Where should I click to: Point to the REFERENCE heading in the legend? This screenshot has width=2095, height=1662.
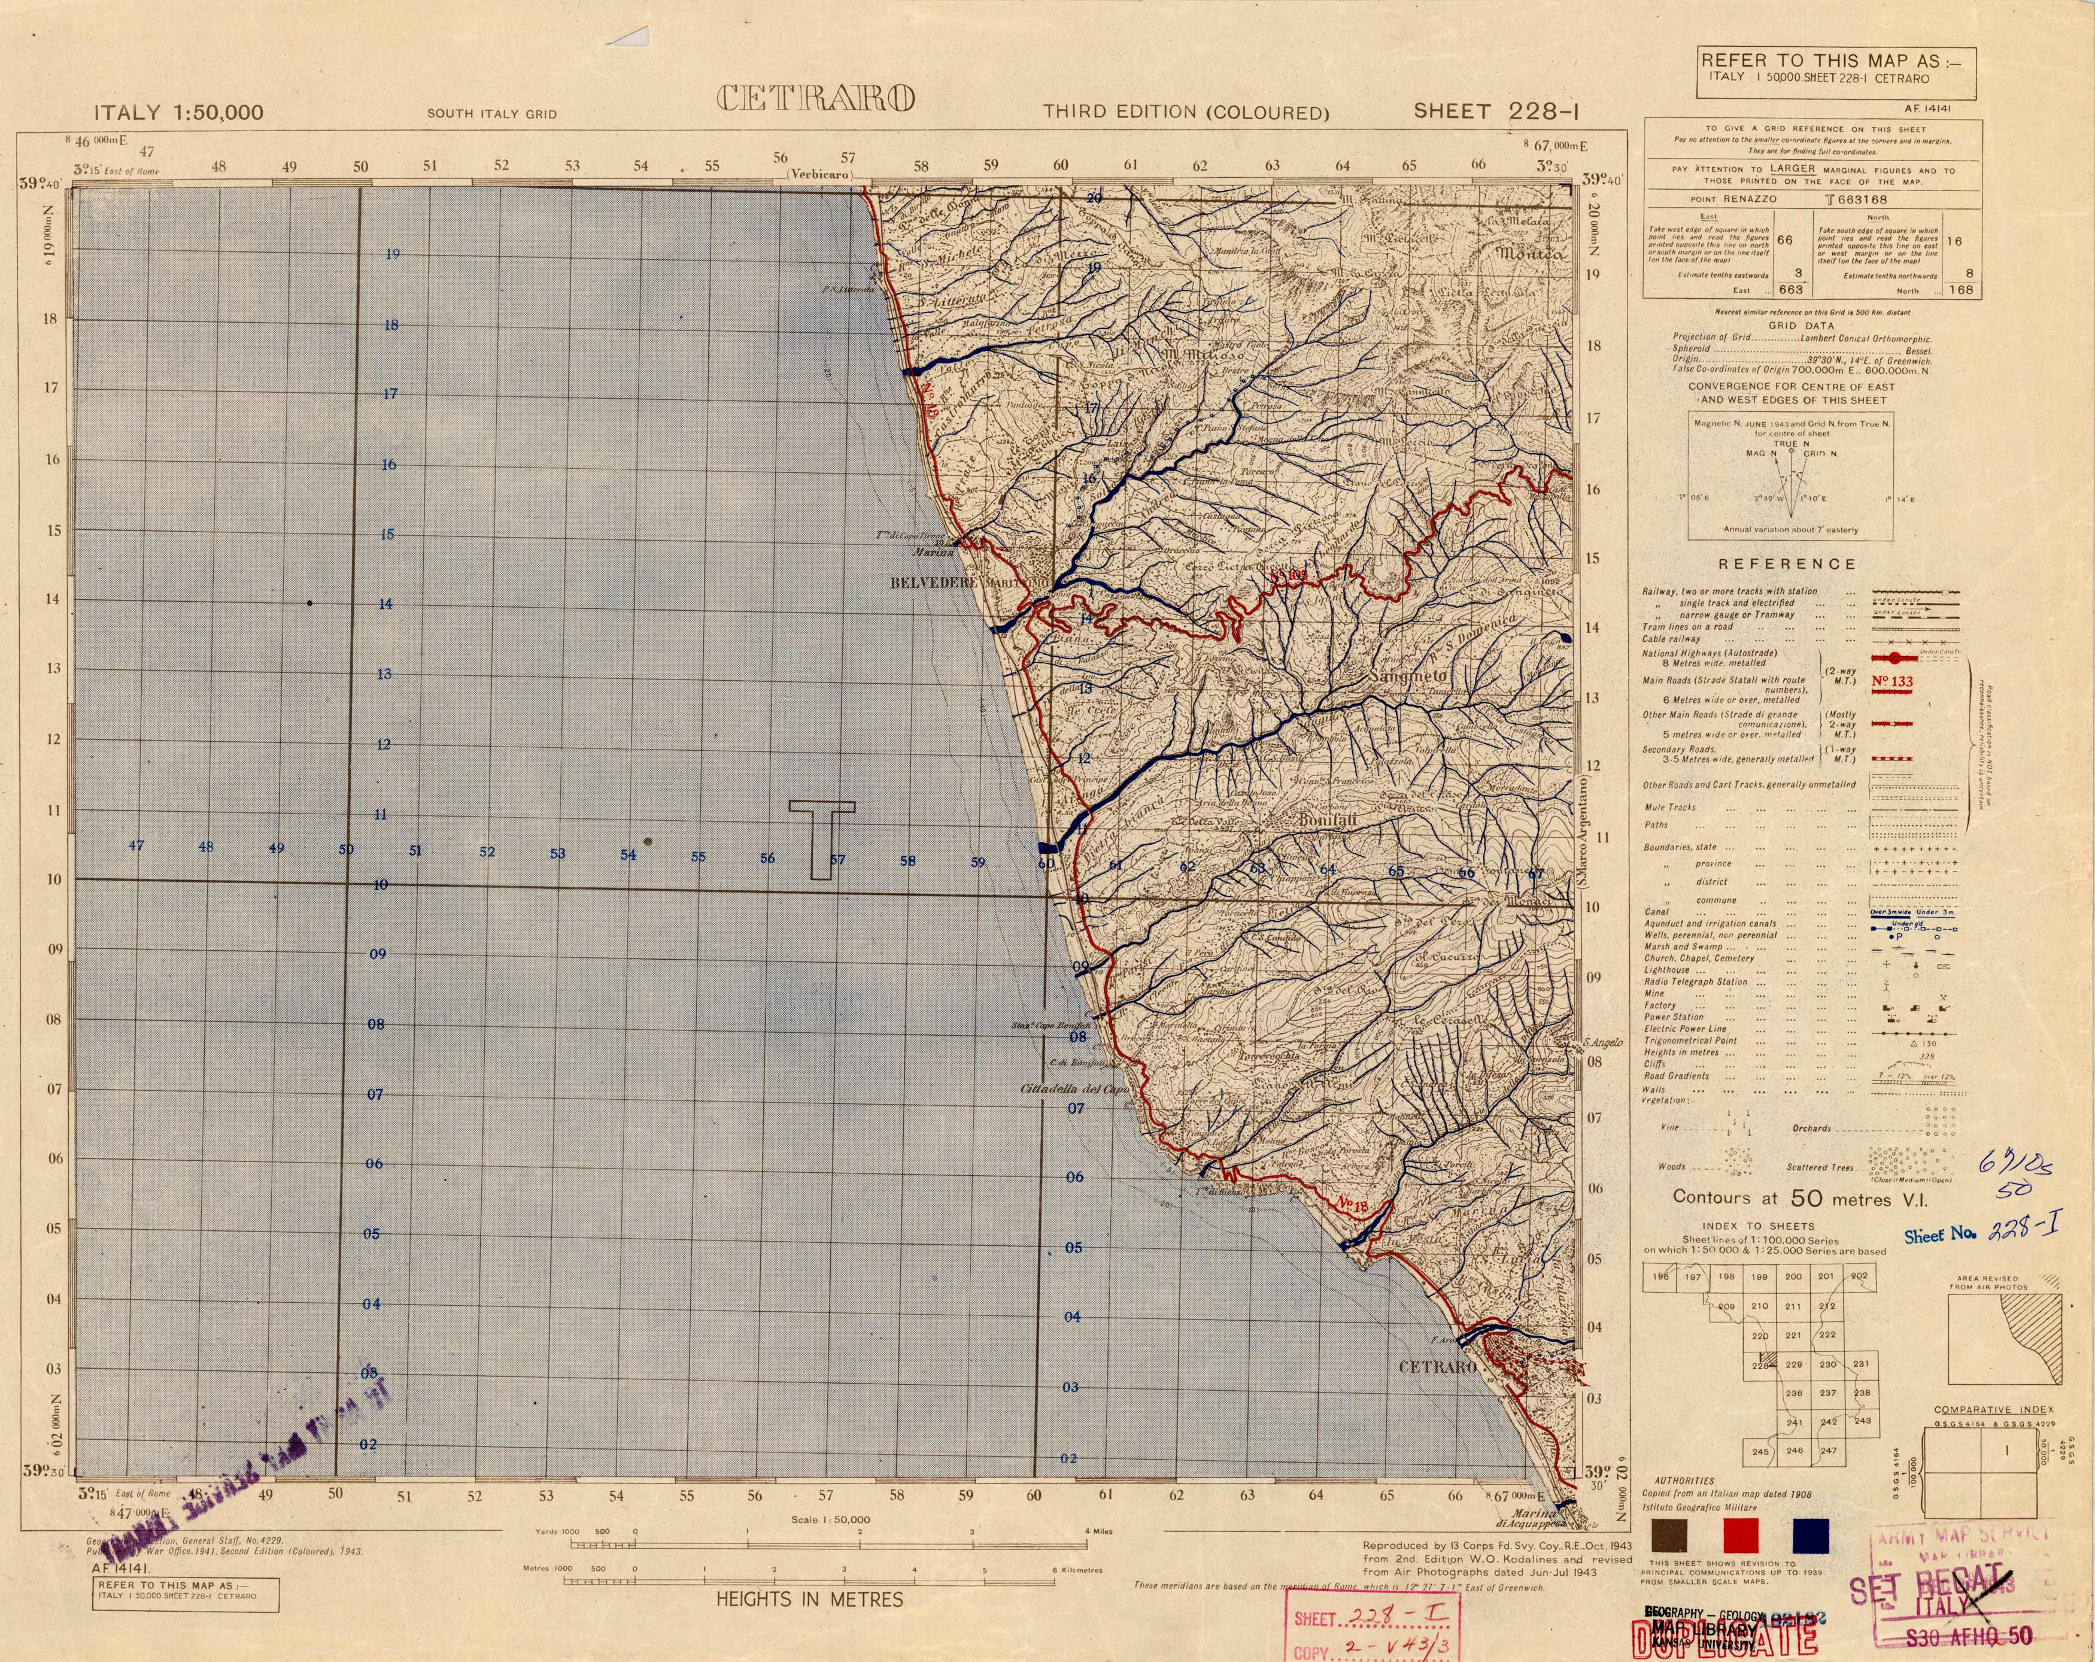pyautogui.click(x=1787, y=564)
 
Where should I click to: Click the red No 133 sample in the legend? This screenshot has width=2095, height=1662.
pyautogui.click(x=1891, y=681)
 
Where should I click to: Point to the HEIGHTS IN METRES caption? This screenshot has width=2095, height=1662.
pyautogui.click(x=809, y=1599)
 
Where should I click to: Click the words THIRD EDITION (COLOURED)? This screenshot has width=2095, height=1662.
pyautogui.click(x=1186, y=113)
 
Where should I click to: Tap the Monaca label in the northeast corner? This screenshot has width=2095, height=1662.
pyautogui.click(x=1531, y=254)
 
